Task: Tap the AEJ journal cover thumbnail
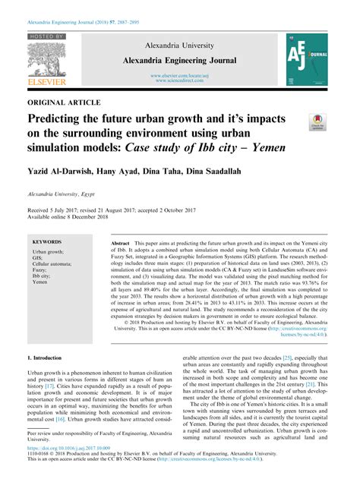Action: (306, 58)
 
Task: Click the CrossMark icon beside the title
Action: (317, 121)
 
